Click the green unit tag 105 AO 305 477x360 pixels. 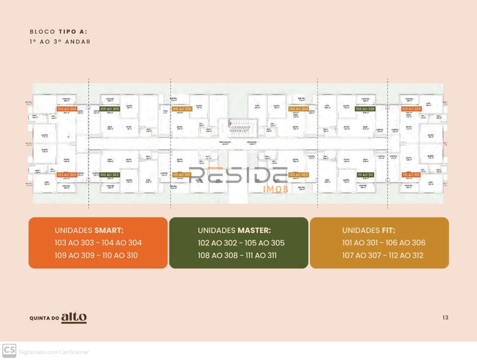109,109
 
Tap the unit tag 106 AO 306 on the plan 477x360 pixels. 182,109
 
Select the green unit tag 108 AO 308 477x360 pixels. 365,109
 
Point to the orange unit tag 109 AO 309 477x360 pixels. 411,109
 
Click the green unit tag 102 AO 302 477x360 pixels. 109,175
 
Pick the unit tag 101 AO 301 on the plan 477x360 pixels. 182,175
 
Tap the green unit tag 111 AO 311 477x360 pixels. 365,175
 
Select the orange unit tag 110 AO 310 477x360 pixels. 411,175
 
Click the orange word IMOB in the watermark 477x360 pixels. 276,189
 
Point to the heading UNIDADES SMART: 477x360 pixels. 89,230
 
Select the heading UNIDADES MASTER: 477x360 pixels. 234,230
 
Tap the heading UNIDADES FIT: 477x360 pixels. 368,230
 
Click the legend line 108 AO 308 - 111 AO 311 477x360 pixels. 237,255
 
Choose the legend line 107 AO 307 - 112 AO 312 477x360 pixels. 382,255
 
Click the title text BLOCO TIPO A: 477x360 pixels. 58,32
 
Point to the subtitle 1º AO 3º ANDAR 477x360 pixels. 60,41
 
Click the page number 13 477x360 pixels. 445,318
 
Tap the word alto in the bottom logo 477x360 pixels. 74,317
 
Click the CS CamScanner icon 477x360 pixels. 9,350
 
